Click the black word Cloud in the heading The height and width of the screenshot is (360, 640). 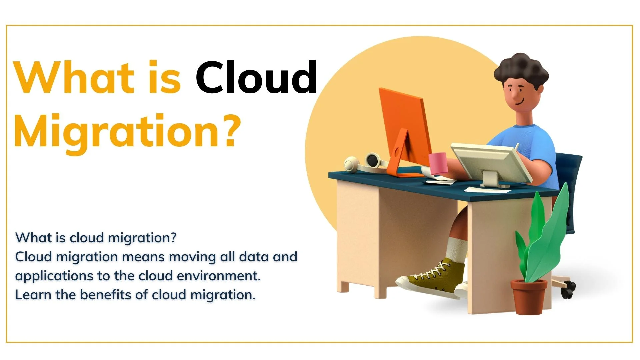point(256,77)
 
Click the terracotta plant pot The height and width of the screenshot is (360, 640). point(529,297)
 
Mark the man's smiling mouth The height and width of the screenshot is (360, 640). point(519,101)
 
